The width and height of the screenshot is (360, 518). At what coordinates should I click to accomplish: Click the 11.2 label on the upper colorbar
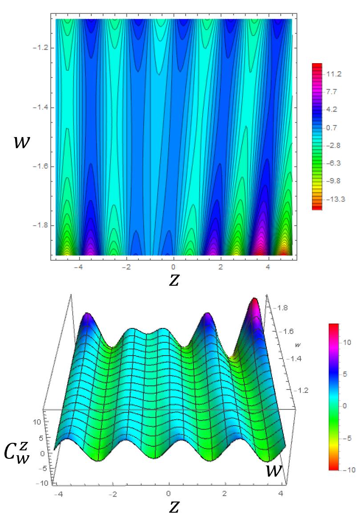point(334,74)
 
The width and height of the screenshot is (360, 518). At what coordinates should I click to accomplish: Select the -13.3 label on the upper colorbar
point(334,198)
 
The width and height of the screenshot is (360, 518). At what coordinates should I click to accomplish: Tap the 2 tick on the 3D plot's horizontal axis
point(226,494)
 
